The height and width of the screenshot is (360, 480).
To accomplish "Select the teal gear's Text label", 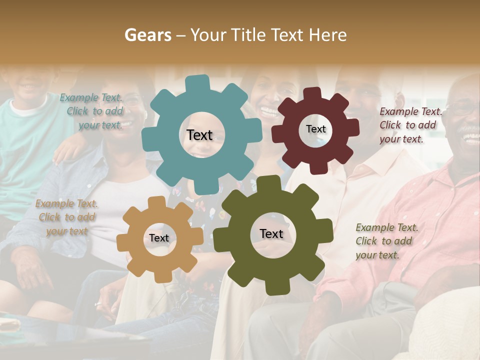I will tap(199, 135).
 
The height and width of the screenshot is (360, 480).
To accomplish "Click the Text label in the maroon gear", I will tap(315, 129).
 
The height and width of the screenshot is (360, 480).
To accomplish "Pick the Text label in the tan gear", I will tap(159, 238).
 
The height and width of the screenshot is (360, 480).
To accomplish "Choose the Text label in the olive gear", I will tap(271, 234).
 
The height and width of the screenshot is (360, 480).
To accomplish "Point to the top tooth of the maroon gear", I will tap(312, 93).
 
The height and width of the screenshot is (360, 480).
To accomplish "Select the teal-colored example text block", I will tap(92, 111).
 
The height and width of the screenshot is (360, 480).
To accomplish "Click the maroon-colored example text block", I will tap(410, 125).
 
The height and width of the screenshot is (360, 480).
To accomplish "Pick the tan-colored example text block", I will tap(66, 217).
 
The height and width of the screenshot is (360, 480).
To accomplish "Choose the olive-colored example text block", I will tap(386, 241).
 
